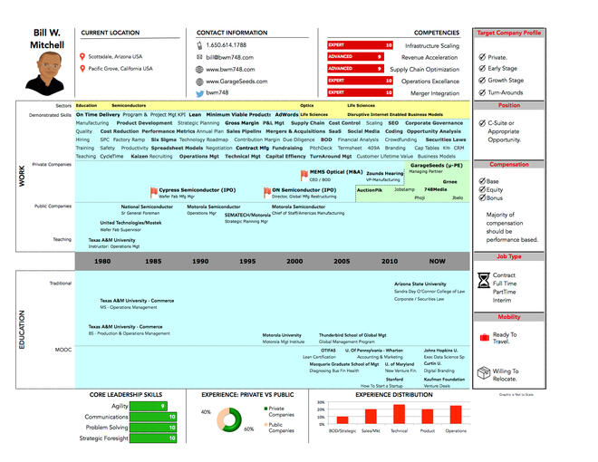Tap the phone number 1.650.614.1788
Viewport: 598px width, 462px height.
click(226, 44)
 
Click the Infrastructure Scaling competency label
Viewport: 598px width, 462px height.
click(431, 45)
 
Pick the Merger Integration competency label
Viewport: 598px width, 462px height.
click(436, 92)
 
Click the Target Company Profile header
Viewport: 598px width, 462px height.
click(509, 33)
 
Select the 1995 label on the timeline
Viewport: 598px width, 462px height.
click(246, 261)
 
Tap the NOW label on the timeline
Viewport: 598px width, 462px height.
click(438, 261)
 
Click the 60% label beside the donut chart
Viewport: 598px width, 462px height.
click(249, 429)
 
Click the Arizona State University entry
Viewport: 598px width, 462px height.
click(420, 284)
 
